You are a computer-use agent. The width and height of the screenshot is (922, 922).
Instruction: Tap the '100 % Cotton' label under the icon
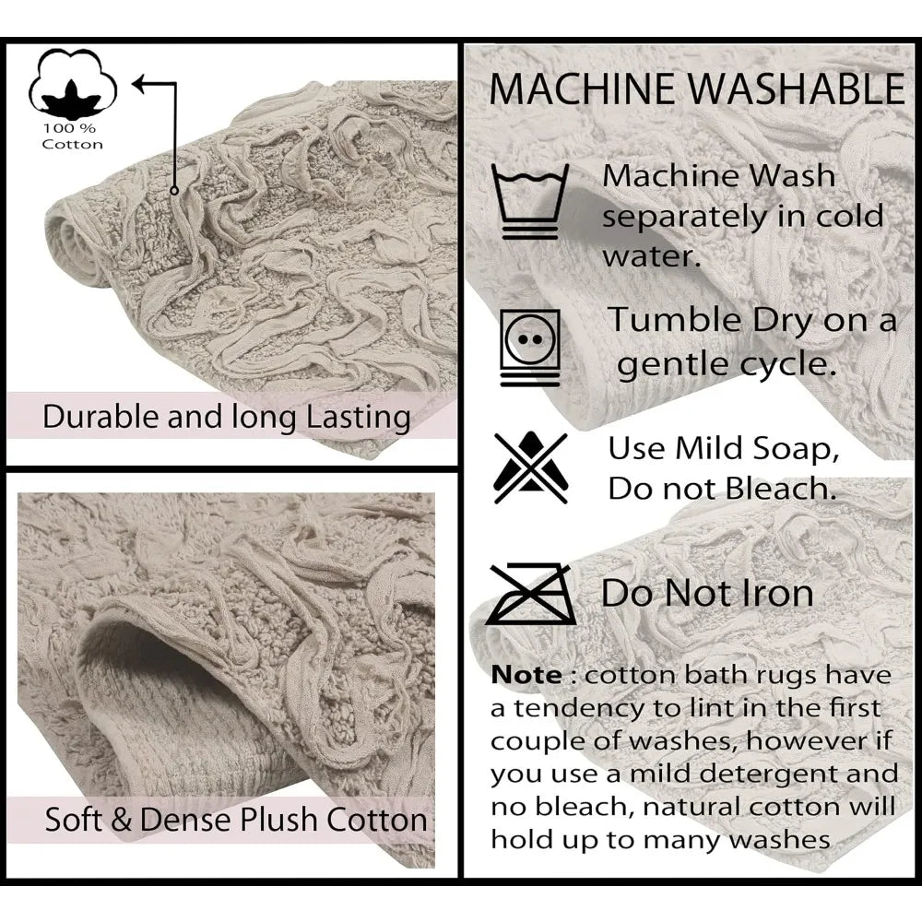tap(72, 136)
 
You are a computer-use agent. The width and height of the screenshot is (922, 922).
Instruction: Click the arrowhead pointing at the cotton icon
tap(140, 84)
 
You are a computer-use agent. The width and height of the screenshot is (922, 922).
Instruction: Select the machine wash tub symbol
tap(530, 201)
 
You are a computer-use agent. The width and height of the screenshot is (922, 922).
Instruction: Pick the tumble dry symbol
tap(530, 348)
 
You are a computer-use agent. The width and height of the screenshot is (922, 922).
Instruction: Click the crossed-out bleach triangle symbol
tap(530, 467)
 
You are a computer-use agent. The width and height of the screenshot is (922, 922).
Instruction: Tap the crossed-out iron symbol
tap(531, 594)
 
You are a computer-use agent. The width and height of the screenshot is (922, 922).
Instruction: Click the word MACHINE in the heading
tap(584, 89)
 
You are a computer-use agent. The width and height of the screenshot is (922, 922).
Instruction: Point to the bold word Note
tap(526, 675)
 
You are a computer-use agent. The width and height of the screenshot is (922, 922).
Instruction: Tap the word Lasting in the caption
tap(359, 418)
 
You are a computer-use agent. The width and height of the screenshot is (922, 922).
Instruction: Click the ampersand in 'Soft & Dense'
tap(121, 819)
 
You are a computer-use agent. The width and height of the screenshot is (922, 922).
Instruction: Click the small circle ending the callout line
tap(174, 191)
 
